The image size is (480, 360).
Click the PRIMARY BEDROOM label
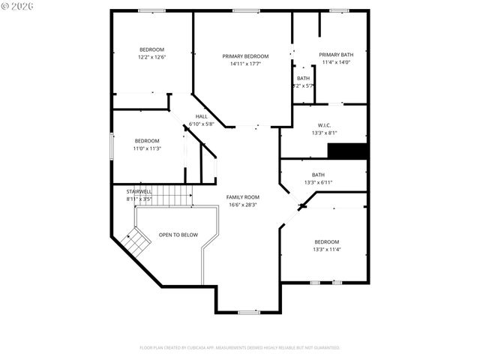tap(245, 56)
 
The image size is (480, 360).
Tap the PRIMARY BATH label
tap(335, 55)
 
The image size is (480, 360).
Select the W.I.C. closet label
tap(323, 125)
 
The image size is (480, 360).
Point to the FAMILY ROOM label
tap(242, 196)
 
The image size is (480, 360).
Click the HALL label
tap(201, 116)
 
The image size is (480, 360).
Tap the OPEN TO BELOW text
tap(178, 235)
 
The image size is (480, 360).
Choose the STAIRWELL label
tap(139, 192)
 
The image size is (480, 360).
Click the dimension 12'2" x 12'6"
tap(151, 57)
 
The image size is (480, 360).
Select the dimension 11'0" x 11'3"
tap(147, 148)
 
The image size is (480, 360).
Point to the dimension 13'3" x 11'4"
tap(326, 250)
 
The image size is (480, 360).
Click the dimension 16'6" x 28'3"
tap(242, 204)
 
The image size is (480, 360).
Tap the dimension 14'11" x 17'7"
tap(245, 64)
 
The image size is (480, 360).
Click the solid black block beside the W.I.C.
tap(349, 151)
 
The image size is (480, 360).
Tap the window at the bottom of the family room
tap(249, 312)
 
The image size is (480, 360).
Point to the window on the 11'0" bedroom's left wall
tap(112, 145)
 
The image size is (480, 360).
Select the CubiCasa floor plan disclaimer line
tap(240, 348)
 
